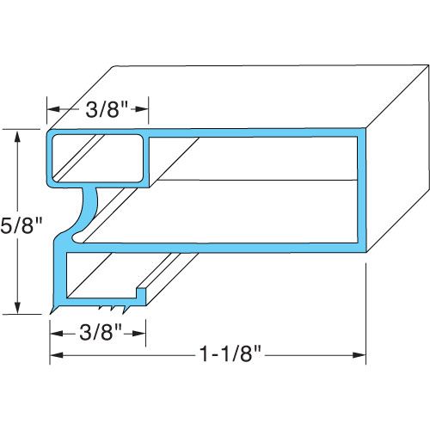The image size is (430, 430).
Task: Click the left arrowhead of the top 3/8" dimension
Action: (52, 110)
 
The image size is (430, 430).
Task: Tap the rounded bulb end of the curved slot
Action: (77, 233)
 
